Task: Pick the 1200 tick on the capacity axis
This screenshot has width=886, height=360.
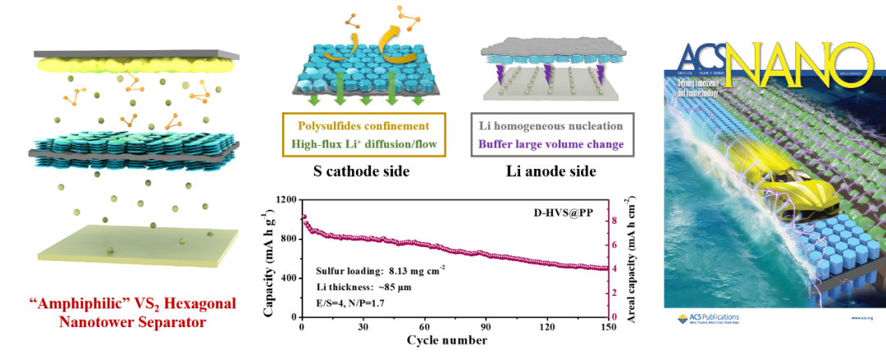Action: pyautogui.click(x=285, y=200)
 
